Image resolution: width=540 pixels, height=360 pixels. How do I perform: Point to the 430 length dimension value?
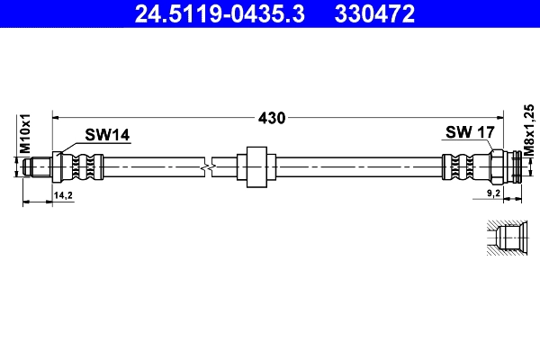[x=271, y=118]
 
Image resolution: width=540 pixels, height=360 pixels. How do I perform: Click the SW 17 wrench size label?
[x=470, y=133]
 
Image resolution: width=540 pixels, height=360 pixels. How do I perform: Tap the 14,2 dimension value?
[x=63, y=193]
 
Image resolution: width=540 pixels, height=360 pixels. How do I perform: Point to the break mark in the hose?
[x=208, y=166]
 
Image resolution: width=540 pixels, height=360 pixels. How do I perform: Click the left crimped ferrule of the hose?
[x=85, y=166]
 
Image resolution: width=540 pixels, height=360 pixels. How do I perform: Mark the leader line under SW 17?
[x=487, y=146]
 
